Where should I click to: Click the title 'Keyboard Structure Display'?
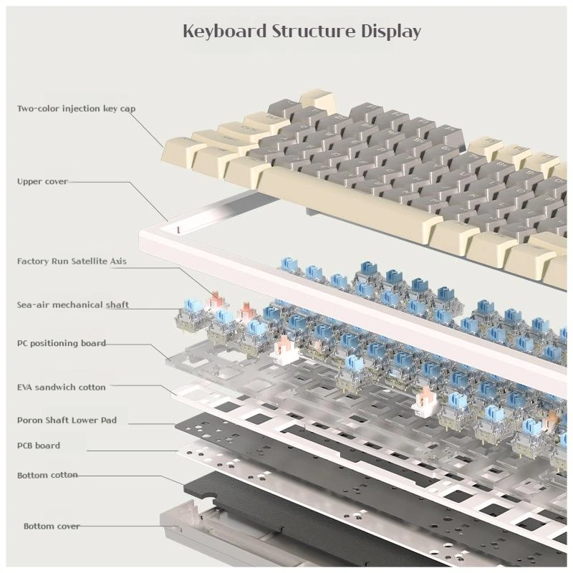click(302, 32)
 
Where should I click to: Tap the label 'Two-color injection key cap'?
click(76, 108)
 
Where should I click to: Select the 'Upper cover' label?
click(42, 181)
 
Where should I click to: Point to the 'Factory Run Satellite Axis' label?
click(72, 261)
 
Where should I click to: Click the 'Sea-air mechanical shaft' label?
click(73, 305)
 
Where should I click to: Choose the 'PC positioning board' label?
click(62, 343)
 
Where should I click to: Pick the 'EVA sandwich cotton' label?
click(62, 387)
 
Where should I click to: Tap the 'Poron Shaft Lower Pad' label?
click(67, 420)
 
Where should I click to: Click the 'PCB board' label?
click(39, 446)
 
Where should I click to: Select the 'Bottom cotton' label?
click(47, 475)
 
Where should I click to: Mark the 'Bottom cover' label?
click(52, 526)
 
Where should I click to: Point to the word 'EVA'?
click(25, 387)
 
